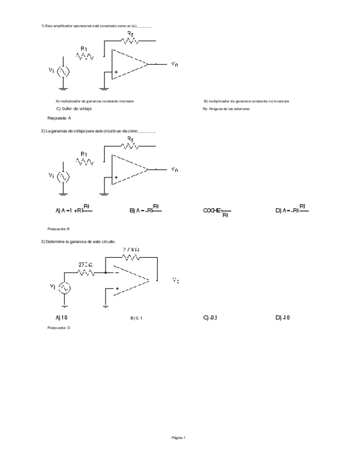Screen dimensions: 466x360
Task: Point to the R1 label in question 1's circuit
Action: pyautogui.click(x=84, y=49)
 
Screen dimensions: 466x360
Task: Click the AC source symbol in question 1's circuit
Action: pyautogui.click(x=64, y=71)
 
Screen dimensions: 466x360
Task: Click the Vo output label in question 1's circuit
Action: pyautogui.click(x=174, y=64)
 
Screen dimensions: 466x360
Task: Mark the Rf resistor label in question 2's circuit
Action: pyautogui.click(x=130, y=140)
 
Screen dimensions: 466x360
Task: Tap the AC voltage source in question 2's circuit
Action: pyautogui.click(x=64, y=177)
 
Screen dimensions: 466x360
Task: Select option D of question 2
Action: pyautogui.click(x=292, y=209)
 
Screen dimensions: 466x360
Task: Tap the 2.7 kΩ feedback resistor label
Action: pyautogui.click(x=130, y=249)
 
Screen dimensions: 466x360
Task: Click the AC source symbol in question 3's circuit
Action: pyautogui.click(x=64, y=287)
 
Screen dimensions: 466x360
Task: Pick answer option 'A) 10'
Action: pyautogui.click(x=61, y=318)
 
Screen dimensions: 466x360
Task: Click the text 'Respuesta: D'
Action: pyautogui.click(x=59, y=328)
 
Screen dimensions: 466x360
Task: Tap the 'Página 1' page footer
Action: pyautogui.click(x=179, y=437)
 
